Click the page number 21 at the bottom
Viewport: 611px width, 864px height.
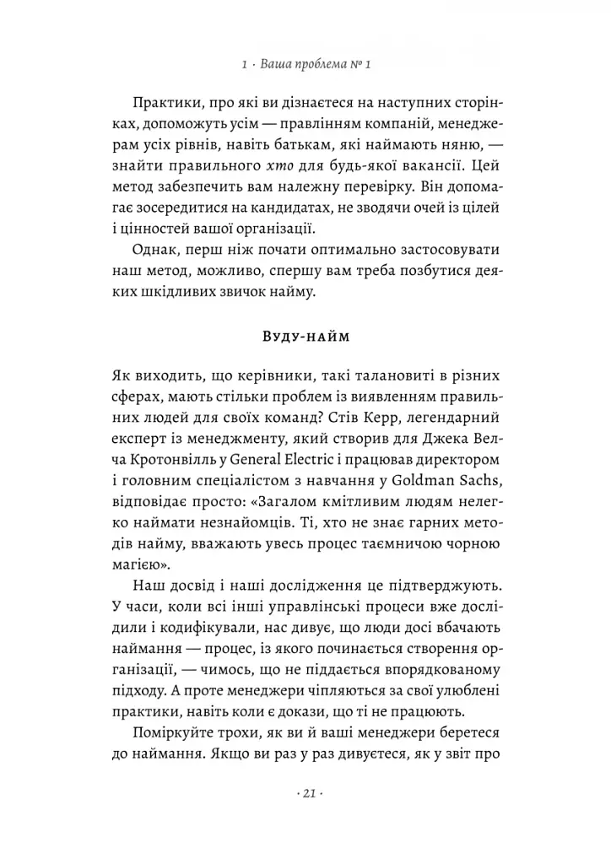(306, 794)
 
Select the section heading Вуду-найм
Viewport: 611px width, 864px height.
(305, 337)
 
